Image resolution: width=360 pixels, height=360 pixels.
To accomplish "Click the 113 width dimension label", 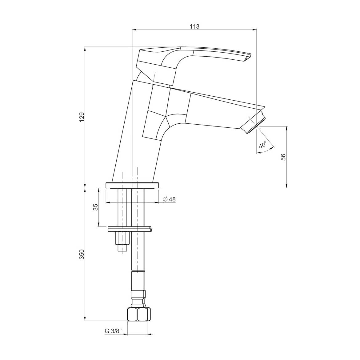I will pyautogui.click(x=194, y=26).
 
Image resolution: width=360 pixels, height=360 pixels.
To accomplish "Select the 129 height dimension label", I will pyautogui.click(x=82, y=117).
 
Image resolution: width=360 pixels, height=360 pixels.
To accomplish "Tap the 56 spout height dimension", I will pyautogui.click(x=283, y=157).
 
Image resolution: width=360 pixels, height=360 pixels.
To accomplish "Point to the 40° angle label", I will pyautogui.click(x=262, y=145).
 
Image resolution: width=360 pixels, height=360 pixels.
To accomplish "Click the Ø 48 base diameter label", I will pyautogui.click(x=169, y=199).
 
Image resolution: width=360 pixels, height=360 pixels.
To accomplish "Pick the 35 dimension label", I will pyautogui.click(x=95, y=207).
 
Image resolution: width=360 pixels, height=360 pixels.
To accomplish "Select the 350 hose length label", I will pyautogui.click(x=82, y=254).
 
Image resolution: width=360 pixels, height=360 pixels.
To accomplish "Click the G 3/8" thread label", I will pyautogui.click(x=113, y=331).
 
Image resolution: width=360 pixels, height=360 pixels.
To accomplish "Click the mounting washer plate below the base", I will pyautogui.click(x=130, y=229).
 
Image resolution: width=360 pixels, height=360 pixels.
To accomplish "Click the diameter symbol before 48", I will pyautogui.click(x=165, y=199).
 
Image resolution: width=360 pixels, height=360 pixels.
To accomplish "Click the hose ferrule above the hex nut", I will pyautogui.click(x=138, y=295).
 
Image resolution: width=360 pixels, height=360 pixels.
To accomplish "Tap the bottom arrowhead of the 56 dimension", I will pyautogui.click(x=287, y=186).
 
